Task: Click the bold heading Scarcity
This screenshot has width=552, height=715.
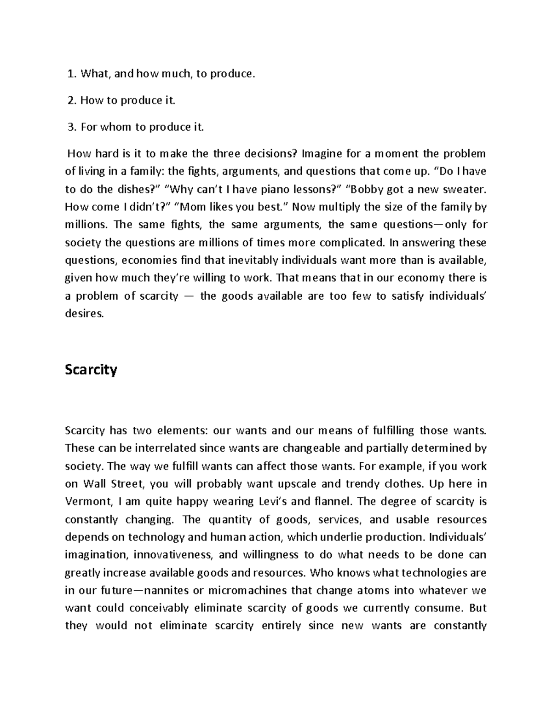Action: [91, 370]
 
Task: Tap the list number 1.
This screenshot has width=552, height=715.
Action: [70, 74]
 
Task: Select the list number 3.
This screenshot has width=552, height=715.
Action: [70, 127]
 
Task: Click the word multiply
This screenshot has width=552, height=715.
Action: [341, 207]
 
